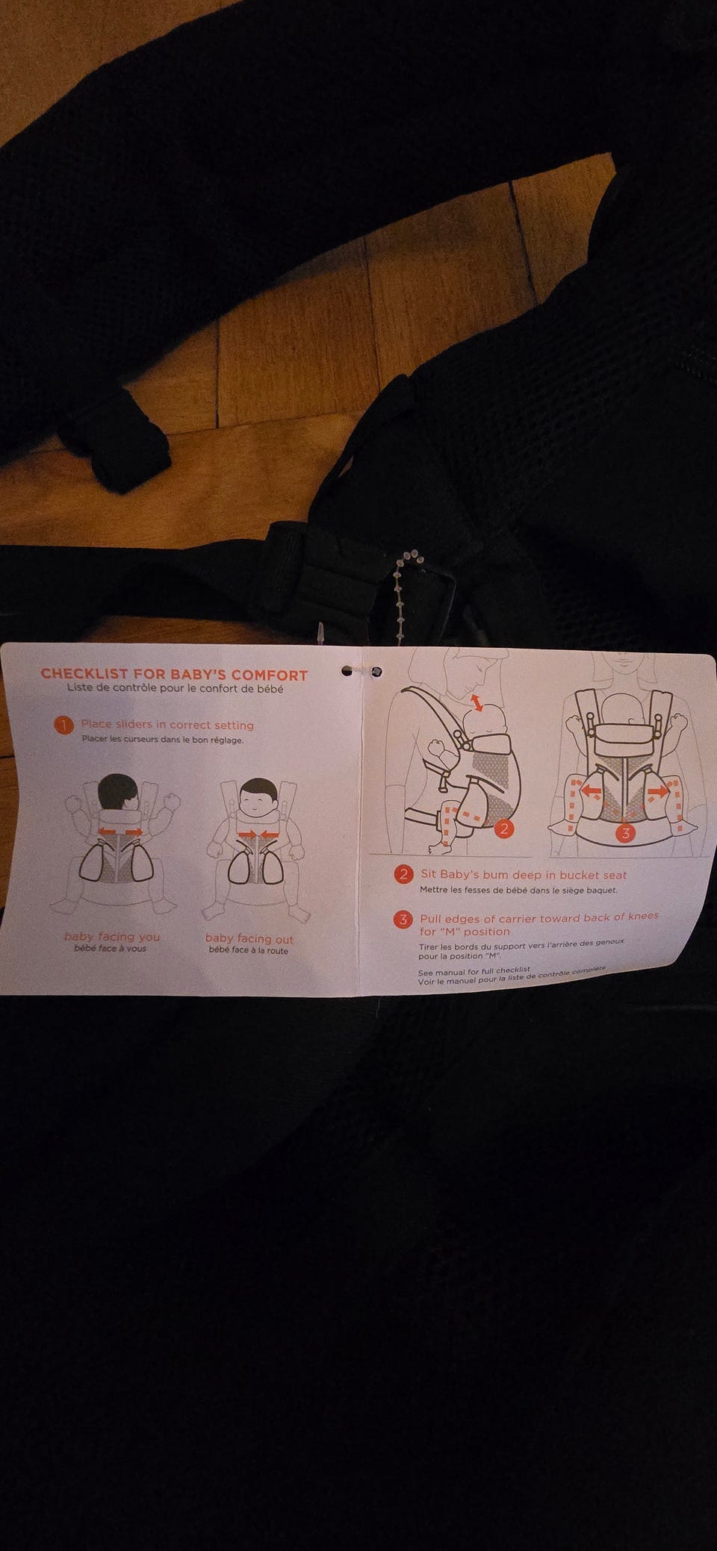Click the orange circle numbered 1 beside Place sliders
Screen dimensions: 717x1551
[64, 725]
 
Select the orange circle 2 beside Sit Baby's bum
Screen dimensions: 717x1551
[404, 874]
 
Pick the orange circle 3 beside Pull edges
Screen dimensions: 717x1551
[403, 920]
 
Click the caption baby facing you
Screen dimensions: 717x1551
[112, 936]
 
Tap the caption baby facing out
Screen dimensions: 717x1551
[249, 939]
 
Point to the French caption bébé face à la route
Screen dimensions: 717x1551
[249, 951]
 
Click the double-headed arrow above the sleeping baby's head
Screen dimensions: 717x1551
[477, 701]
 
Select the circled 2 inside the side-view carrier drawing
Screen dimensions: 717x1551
[505, 828]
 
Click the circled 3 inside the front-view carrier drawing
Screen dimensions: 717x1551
[626, 833]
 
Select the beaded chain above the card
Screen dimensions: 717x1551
[404, 590]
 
